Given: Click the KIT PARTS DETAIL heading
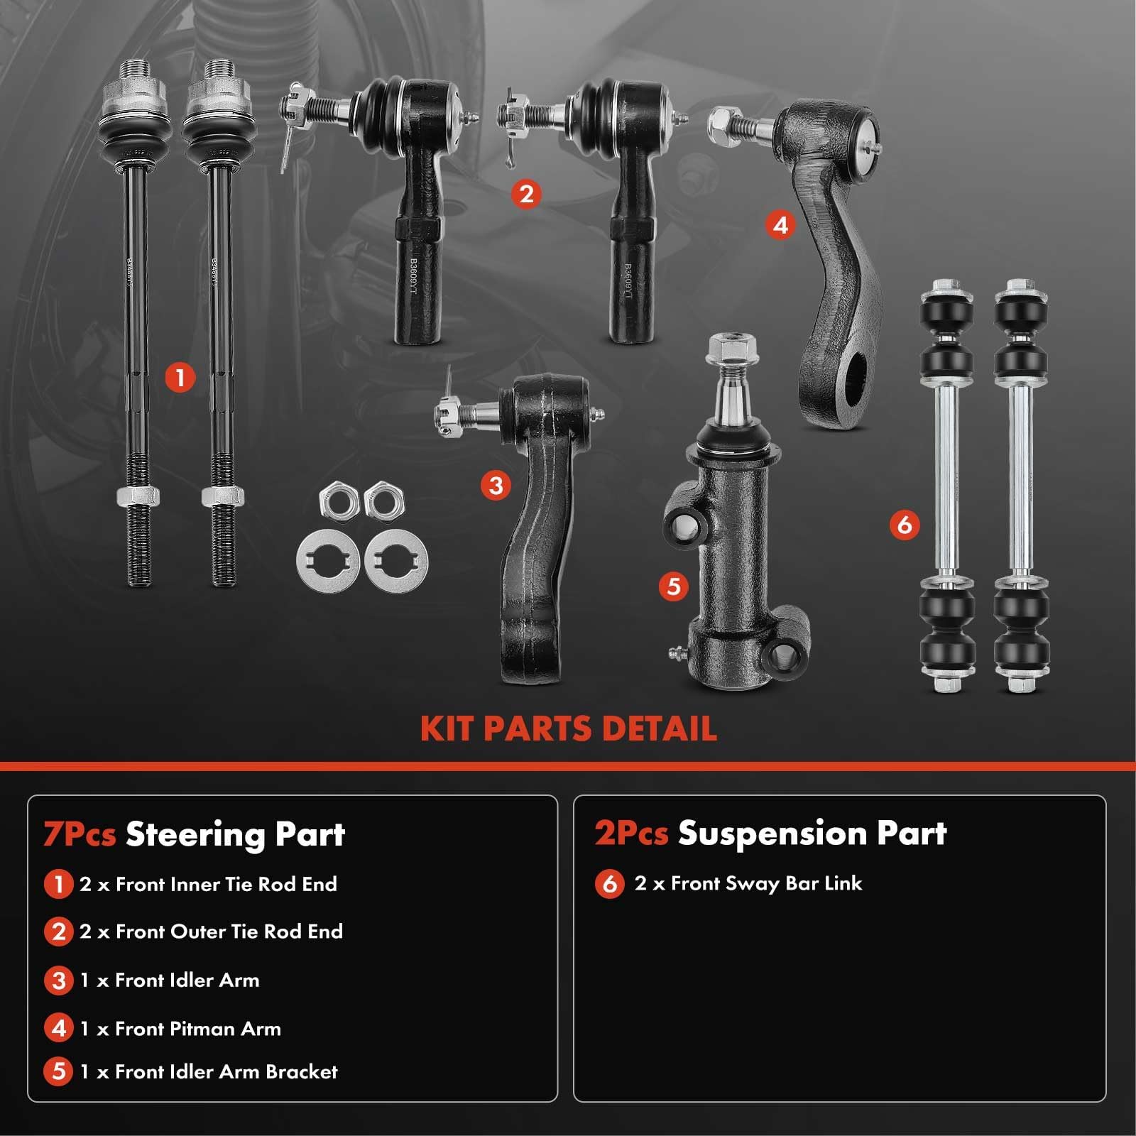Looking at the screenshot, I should pyautogui.click(x=568, y=728).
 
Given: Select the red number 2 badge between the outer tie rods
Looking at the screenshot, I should pyautogui.click(x=525, y=193).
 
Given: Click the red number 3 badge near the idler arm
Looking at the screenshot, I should pyautogui.click(x=496, y=486).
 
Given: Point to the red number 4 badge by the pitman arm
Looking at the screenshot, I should pyautogui.click(x=780, y=225).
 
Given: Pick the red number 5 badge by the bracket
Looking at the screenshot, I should pyautogui.click(x=673, y=586).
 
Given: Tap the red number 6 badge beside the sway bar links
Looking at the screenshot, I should pyautogui.click(x=904, y=525).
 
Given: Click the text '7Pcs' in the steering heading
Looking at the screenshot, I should pyautogui.click(x=80, y=834).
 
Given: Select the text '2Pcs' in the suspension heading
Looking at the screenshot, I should pyautogui.click(x=631, y=833).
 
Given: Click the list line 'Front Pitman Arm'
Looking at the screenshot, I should pyautogui.click(x=181, y=1028).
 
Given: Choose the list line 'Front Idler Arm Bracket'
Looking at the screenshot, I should pyautogui.click(x=209, y=1071).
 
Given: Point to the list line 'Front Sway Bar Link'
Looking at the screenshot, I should pyautogui.click(x=749, y=883).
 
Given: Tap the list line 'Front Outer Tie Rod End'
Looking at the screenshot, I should pyautogui.click(x=212, y=932).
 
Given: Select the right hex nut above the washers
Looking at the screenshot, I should pyautogui.click(x=383, y=500).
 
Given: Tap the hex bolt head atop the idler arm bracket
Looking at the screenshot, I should pyautogui.click(x=731, y=348).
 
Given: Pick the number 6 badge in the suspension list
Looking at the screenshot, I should pyautogui.click(x=609, y=884).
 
